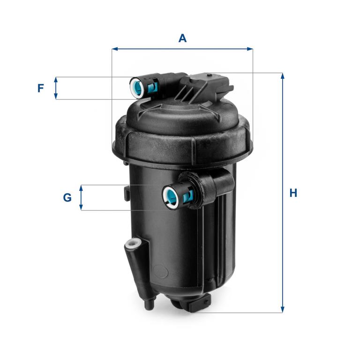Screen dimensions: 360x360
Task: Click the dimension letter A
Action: pyautogui.click(x=182, y=38)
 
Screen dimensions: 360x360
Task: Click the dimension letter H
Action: pyautogui.click(x=293, y=193)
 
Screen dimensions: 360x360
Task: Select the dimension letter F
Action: pyautogui.click(x=41, y=88)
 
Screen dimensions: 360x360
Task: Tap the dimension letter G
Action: pyautogui.click(x=67, y=198)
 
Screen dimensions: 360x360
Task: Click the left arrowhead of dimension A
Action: pyautogui.click(x=115, y=49)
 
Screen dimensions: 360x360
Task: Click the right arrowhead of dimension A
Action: pyautogui.click(x=250, y=49)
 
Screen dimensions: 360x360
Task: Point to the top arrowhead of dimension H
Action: pyautogui.click(x=283, y=76)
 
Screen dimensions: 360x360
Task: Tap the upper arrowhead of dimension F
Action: pyautogui.click(x=56, y=80)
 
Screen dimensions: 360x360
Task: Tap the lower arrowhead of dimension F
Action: pyautogui.click(x=56, y=97)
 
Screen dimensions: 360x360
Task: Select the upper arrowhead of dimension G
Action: pyautogui.click(x=81, y=188)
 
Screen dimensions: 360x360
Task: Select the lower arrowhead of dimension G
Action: pyautogui.click(x=81, y=207)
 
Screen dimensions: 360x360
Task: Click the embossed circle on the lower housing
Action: pyautogui.click(x=160, y=271)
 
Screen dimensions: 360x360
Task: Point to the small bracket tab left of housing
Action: pyautogui.click(x=127, y=193)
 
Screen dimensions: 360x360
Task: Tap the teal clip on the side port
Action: pyautogui.click(x=188, y=195)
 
